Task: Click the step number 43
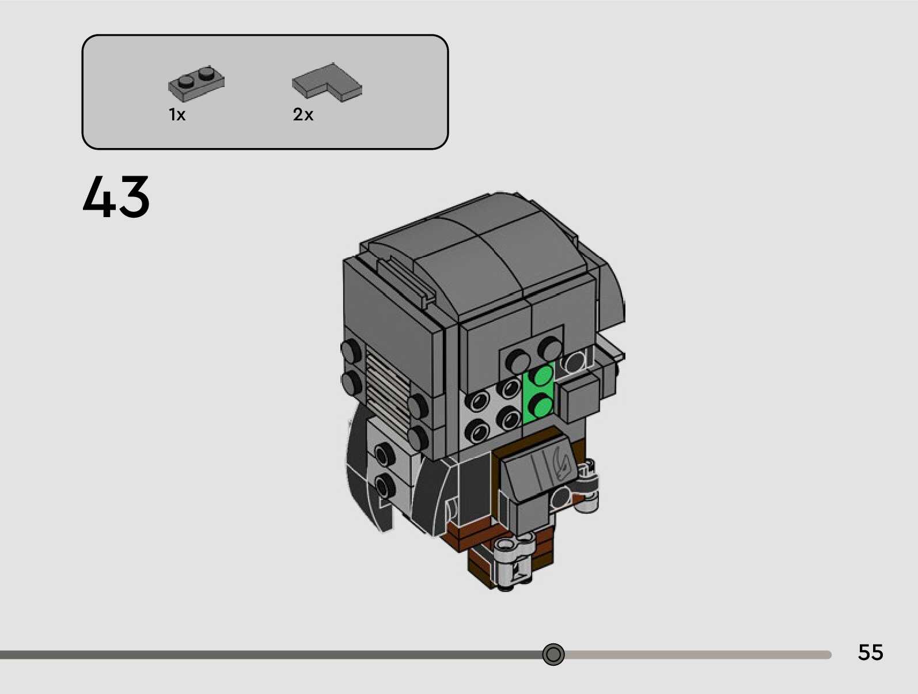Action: (116, 197)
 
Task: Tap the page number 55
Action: (870, 652)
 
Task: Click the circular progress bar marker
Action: (553, 654)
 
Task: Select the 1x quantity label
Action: (177, 114)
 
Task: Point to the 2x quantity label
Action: (303, 114)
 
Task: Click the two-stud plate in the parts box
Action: (196, 84)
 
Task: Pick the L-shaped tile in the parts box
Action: (327, 83)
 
